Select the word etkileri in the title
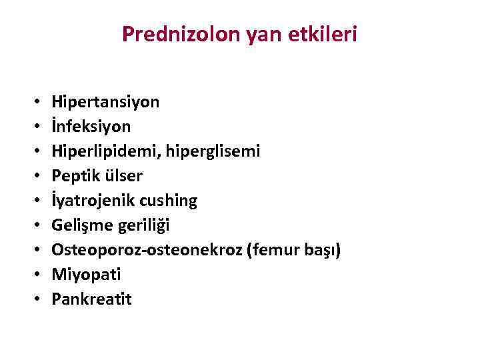pos(326,35)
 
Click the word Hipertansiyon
pos(105,103)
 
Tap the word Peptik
pos(75,176)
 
